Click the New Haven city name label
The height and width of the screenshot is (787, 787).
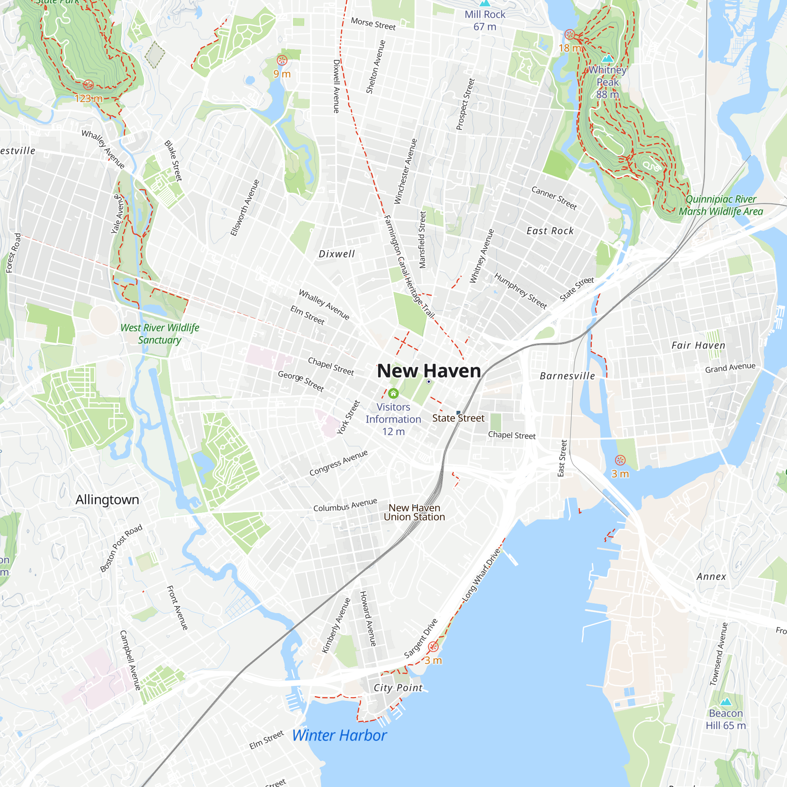[x=429, y=371]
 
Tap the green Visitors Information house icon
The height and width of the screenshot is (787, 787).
[x=393, y=393]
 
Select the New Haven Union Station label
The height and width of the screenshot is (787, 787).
[x=414, y=512]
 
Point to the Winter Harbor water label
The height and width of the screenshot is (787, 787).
[x=339, y=736]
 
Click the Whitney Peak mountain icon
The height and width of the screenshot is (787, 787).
[x=607, y=58]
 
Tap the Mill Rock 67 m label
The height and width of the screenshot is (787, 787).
[x=485, y=20]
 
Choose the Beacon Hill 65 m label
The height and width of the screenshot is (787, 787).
[x=726, y=719]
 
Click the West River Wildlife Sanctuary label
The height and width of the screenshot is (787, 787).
[x=160, y=334]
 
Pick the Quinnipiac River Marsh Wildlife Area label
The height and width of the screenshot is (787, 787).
[x=720, y=205]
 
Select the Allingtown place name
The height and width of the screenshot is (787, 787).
[x=107, y=500]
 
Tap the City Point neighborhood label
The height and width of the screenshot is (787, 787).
[x=398, y=688]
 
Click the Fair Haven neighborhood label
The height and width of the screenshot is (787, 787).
[x=698, y=345]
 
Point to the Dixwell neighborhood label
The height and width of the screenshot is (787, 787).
[x=336, y=254]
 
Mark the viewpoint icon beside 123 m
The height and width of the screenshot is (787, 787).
[x=89, y=85]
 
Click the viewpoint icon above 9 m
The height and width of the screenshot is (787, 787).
[x=282, y=61]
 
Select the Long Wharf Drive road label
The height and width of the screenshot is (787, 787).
[x=481, y=575]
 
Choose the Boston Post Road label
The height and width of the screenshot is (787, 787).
[x=121, y=548]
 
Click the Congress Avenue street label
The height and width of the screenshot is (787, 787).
[x=338, y=463]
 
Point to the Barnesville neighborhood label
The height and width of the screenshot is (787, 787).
[x=567, y=376]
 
